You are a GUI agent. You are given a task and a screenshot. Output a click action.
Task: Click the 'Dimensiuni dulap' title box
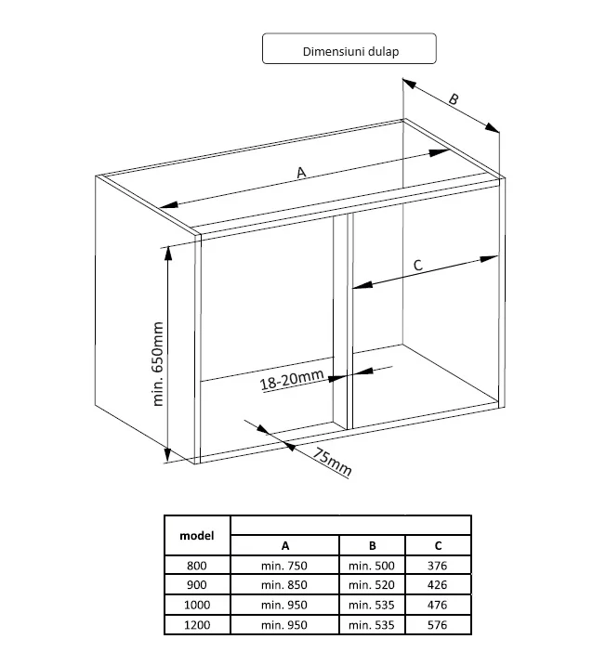349,49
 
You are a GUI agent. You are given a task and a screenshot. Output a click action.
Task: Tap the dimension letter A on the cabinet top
301,173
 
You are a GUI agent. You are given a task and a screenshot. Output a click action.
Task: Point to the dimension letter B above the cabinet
454,99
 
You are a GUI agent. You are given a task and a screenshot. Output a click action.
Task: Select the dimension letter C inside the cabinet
418,265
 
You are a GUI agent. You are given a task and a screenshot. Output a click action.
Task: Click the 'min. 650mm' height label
157,364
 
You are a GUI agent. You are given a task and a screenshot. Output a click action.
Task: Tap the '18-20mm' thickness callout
292,379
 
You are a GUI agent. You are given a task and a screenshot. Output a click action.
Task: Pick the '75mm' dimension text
333,462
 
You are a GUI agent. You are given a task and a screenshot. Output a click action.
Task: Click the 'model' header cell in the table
197,536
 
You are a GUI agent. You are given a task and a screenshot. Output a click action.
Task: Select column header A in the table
285,546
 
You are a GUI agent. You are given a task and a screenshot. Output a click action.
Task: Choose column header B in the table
372,546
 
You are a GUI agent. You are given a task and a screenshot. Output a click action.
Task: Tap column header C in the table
438,546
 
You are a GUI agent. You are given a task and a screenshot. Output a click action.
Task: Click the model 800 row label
197,566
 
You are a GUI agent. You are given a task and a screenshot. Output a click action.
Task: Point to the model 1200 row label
197,625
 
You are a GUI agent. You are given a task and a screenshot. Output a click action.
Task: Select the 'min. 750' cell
284,566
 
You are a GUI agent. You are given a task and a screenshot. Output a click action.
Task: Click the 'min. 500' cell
372,566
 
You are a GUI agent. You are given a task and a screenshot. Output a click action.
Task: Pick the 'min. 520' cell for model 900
372,585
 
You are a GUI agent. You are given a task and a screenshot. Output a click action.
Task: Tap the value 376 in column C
438,566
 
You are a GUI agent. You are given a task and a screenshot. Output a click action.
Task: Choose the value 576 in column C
438,625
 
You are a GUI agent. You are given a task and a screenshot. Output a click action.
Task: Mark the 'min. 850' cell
284,585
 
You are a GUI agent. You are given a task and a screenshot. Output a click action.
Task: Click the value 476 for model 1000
438,605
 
